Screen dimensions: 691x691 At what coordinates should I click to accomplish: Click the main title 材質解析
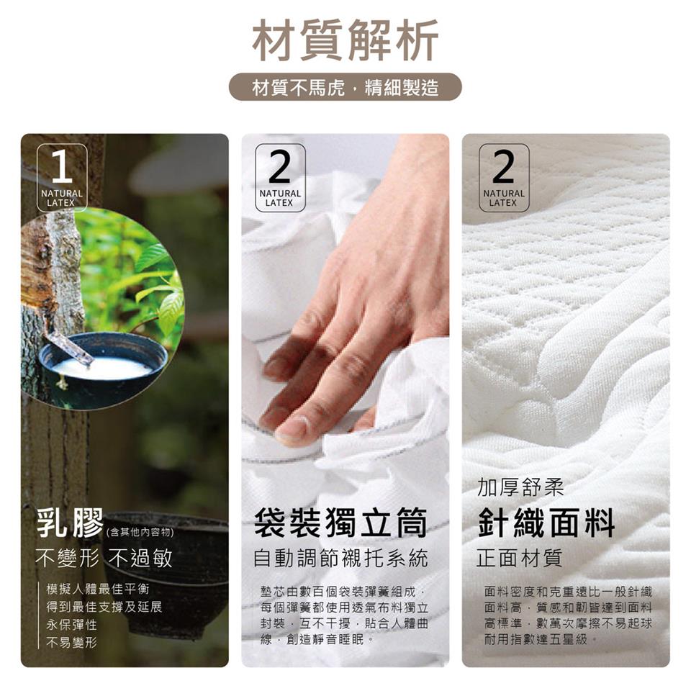click(x=345, y=40)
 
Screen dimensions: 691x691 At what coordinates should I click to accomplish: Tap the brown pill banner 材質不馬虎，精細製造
click(x=345, y=87)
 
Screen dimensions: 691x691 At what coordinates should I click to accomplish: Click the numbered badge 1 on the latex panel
click(x=62, y=177)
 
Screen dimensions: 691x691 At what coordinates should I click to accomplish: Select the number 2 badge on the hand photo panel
click(x=280, y=177)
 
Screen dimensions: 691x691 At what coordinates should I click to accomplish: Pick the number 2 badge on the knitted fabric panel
click(x=504, y=177)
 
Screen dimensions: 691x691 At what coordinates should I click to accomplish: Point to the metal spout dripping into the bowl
click(x=71, y=346)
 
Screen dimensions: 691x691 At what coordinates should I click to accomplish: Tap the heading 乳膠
click(x=70, y=523)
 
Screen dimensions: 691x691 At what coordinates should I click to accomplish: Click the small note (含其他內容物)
click(x=140, y=533)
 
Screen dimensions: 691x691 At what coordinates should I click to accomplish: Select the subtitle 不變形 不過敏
click(x=104, y=559)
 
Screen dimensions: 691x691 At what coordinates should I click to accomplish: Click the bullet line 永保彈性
click(x=71, y=625)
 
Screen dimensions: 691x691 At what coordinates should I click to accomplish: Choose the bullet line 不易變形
click(x=71, y=643)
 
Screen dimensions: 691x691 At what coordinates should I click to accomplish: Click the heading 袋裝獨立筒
click(x=340, y=523)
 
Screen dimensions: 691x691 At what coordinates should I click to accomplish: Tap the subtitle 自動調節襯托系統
click(x=340, y=559)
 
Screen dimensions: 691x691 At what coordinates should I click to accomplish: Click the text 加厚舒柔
click(x=520, y=488)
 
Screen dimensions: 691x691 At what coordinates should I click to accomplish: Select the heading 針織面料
click(x=546, y=523)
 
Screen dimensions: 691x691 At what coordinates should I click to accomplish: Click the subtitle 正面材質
click(x=520, y=559)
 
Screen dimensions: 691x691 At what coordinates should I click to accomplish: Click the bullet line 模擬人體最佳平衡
click(x=98, y=589)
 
